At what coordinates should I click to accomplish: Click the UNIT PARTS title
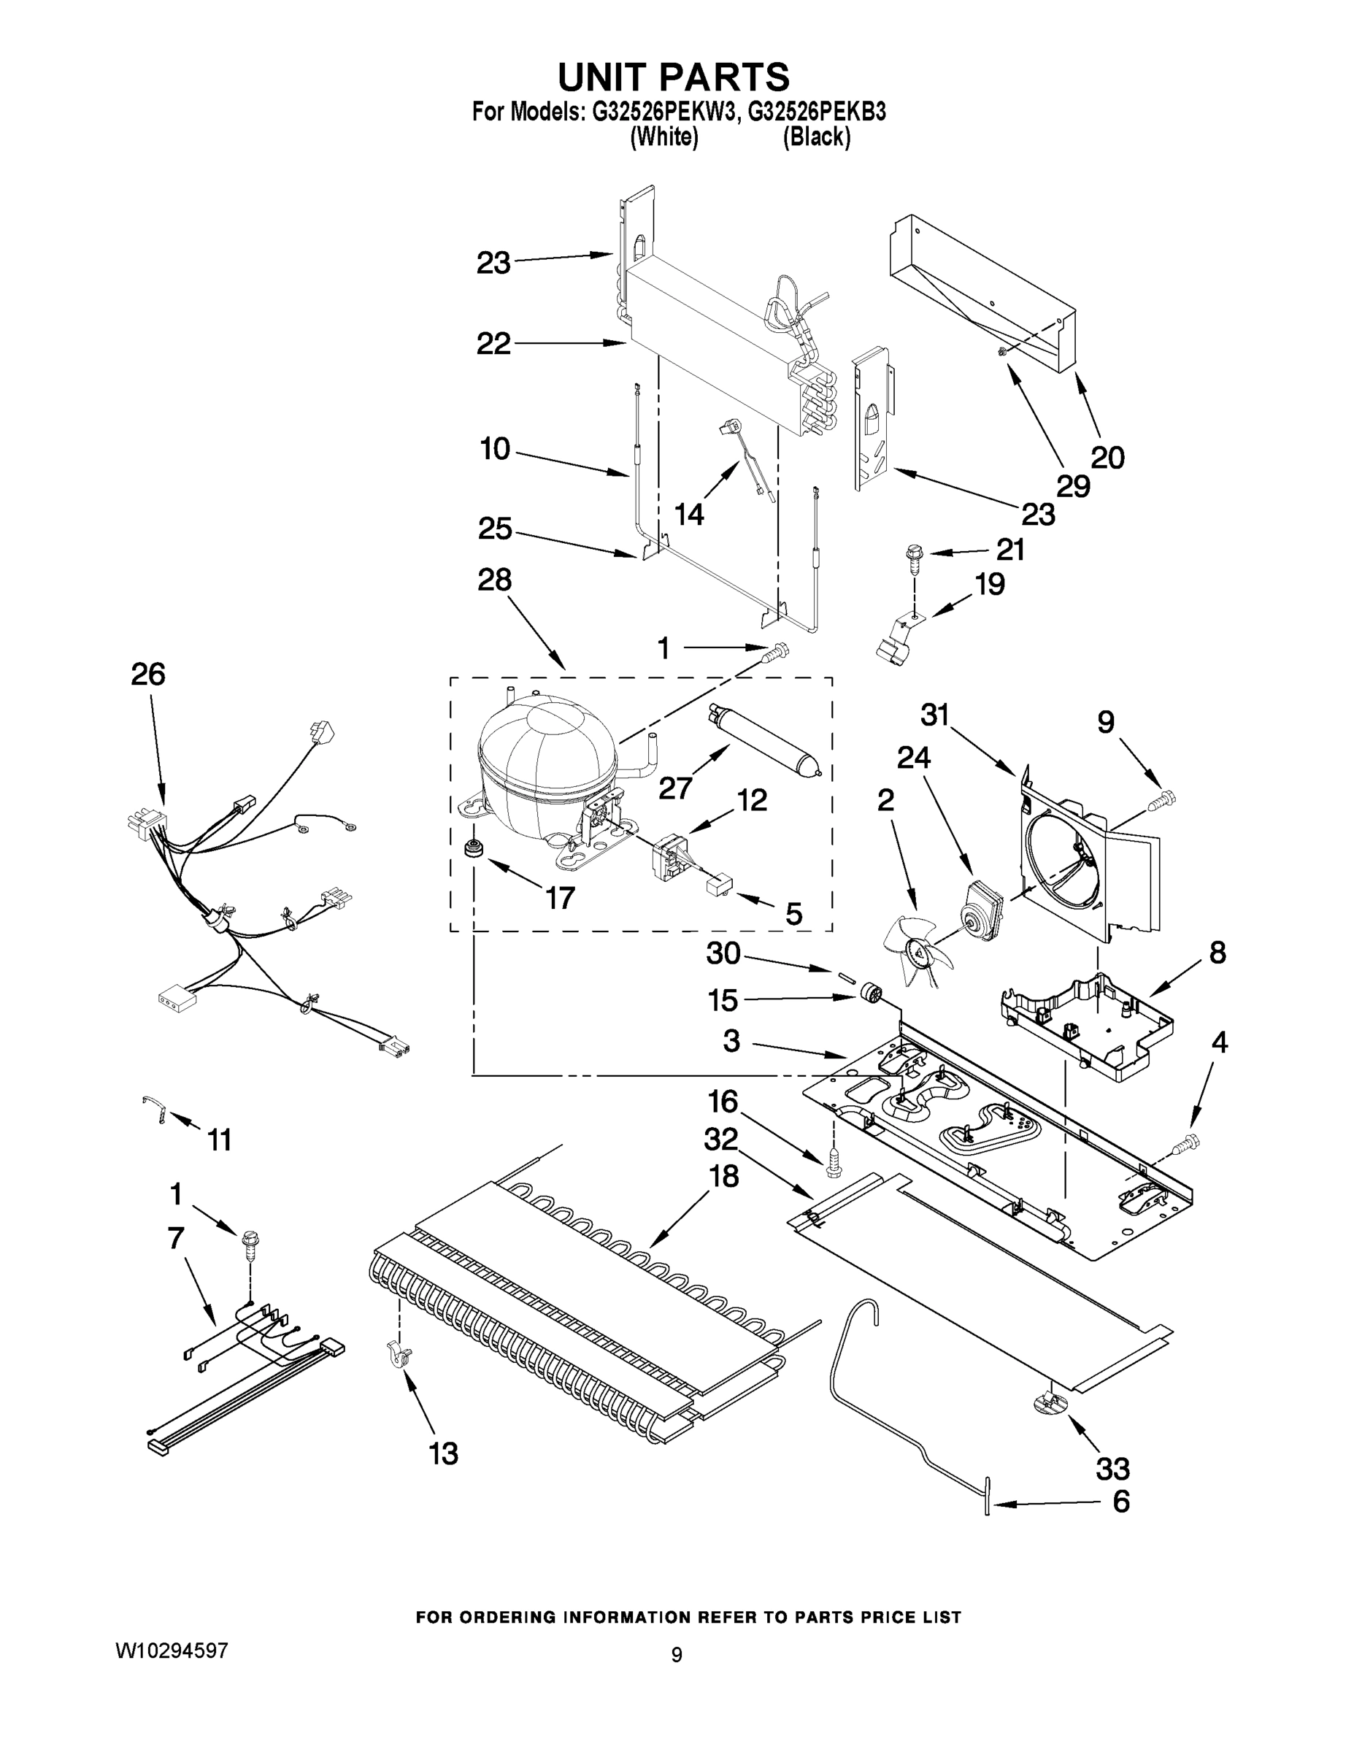click(x=674, y=78)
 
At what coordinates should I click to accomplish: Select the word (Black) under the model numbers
click(x=816, y=137)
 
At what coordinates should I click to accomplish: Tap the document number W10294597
click(x=172, y=1650)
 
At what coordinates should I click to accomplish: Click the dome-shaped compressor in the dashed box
click(x=545, y=750)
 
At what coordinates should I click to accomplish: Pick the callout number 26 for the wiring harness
click(x=148, y=674)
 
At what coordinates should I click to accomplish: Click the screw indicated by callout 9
click(x=1161, y=799)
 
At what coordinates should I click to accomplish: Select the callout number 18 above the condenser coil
click(x=723, y=1176)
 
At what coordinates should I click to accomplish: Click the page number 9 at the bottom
click(x=676, y=1655)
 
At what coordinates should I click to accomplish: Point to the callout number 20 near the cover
click(x=1107, y=457)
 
